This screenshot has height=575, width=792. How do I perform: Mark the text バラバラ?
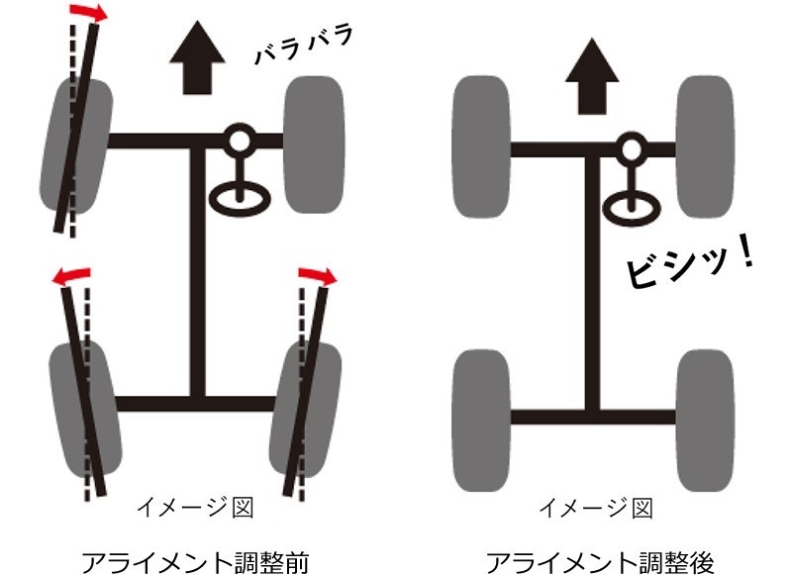coord(303,42)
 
